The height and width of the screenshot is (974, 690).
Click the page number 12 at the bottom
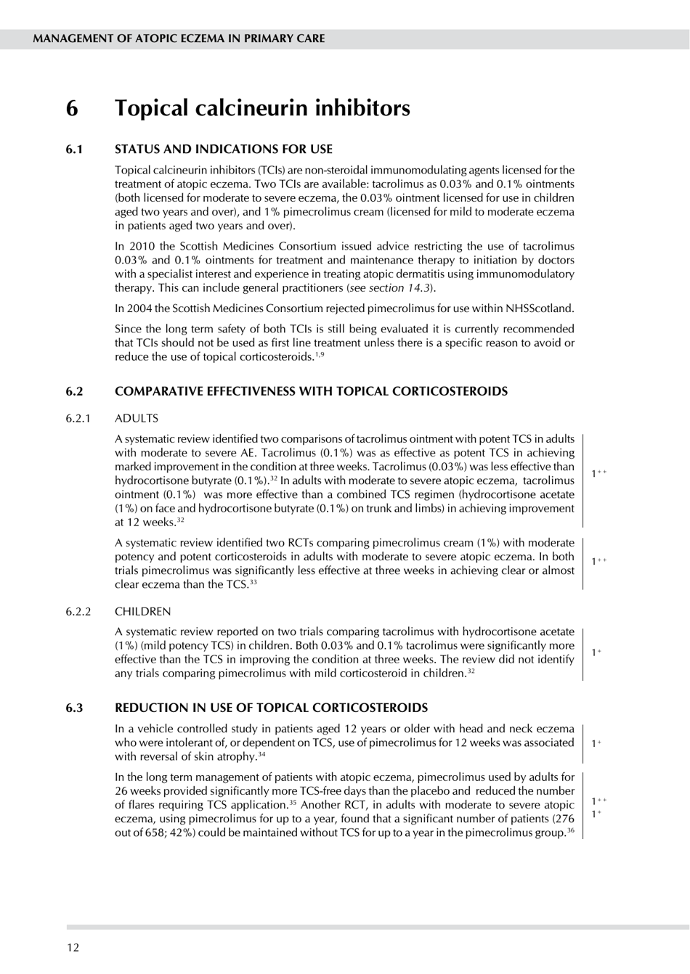point(73,947)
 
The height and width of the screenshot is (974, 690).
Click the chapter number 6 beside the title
point(72,108)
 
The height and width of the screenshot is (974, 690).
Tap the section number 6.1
point(74,150)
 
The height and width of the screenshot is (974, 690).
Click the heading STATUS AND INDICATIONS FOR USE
point(224,150)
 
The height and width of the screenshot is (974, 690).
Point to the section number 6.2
point(74,391)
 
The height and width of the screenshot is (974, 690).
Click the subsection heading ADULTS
point(137,419)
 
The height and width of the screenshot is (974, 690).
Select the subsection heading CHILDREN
point(143,612)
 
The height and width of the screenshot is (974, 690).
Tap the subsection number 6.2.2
point(78,612)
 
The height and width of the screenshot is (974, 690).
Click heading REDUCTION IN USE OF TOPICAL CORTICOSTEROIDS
point(271,708)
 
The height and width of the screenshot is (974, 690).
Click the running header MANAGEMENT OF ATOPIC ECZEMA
point(179,38)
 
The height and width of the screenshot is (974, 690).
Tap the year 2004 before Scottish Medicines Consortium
point(139,308)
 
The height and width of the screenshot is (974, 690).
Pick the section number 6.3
point(74,708)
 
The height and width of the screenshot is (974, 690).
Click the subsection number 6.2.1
point(78,419)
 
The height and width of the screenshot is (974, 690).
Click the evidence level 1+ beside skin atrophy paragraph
point(596,743)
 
